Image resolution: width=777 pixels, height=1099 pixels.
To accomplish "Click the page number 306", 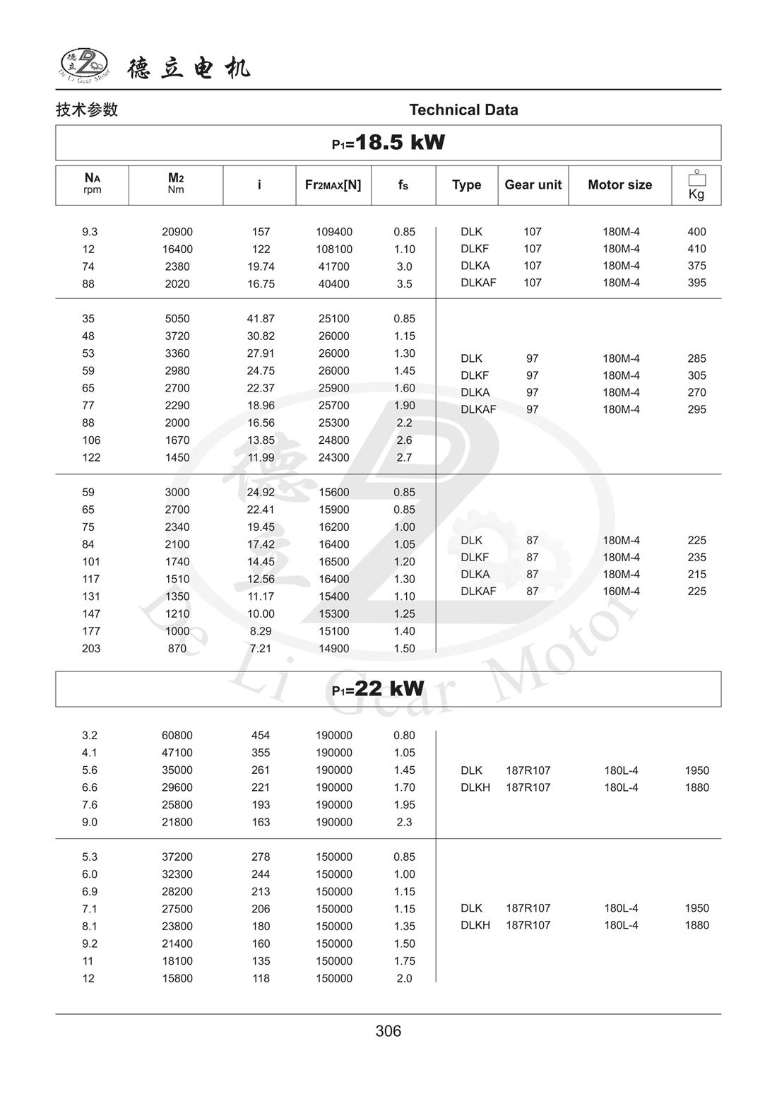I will click(388, 1031).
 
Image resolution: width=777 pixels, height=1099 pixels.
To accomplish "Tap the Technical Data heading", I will click(463, 110).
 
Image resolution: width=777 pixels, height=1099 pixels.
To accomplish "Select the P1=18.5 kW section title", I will click(388, 143).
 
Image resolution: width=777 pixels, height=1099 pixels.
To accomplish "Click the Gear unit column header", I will click(533, 184).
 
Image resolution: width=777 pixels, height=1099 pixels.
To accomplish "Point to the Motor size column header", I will click(619, 184).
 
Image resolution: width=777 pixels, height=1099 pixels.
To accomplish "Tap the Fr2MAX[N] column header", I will click(333, 184).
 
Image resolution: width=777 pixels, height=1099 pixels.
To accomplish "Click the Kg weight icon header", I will click(696, 185).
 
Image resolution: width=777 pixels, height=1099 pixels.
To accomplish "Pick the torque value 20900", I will click(177, 232).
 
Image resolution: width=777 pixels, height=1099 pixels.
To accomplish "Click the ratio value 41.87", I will click(261, 319).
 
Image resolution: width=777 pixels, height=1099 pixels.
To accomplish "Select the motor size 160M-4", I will click(621, 592).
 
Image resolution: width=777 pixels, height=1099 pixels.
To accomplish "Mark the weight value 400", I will click(696, 232).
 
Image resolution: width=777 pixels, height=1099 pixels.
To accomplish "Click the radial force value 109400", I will click(334, 232).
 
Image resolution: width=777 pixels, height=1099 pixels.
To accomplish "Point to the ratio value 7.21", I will click(261, 649).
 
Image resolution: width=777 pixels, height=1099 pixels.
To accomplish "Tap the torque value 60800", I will click(177, 736).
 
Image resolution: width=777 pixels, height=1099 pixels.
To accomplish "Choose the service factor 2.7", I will click(404, 457).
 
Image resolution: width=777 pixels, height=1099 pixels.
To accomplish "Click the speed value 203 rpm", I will click(91, 649).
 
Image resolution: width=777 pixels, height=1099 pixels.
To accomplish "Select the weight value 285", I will click(696, 358).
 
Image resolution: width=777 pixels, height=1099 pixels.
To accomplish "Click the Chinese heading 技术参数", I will click(87, 110).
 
